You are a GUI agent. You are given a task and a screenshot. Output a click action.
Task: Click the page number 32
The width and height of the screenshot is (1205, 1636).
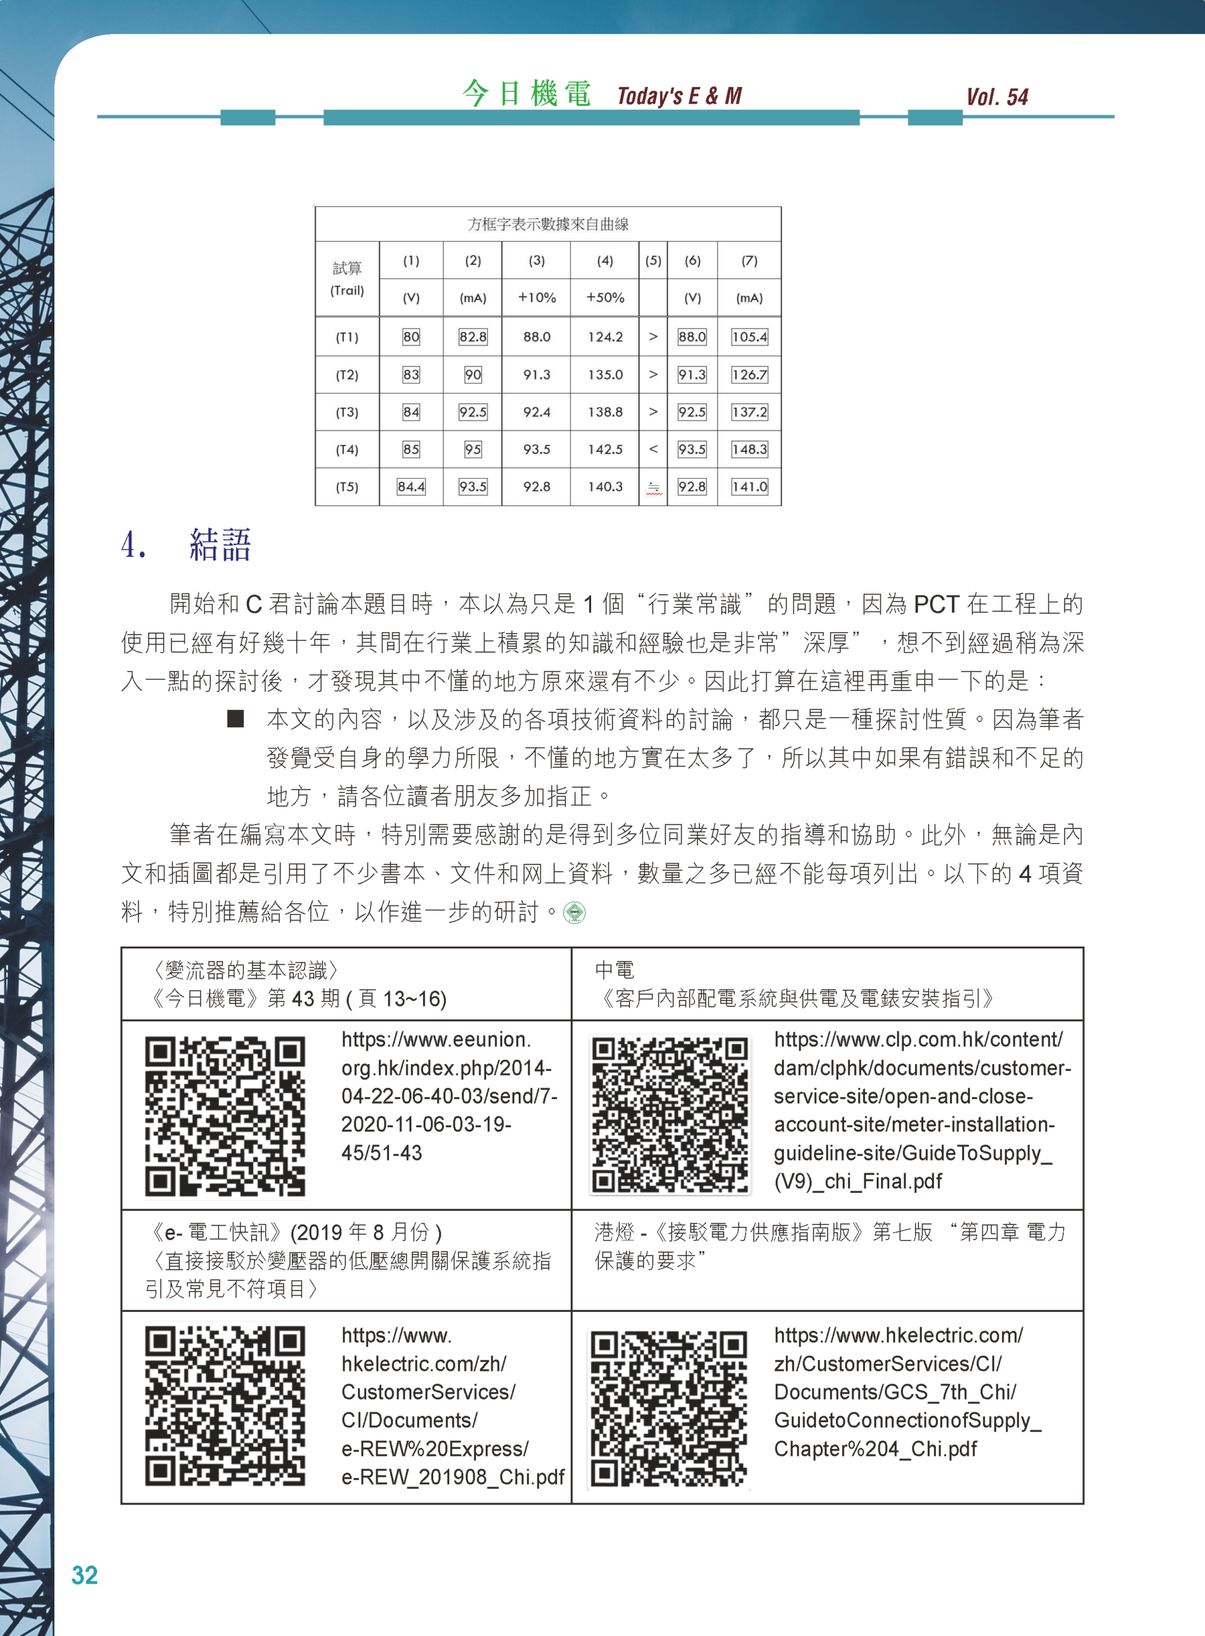tap(84, 1575)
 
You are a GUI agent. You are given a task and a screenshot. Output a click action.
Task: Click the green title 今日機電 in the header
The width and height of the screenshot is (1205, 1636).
tap(526, 94)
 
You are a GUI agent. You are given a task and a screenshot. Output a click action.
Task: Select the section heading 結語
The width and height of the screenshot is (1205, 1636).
tap(220, 545)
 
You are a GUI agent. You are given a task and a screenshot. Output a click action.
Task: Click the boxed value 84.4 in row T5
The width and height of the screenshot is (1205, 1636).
tap(411, 486)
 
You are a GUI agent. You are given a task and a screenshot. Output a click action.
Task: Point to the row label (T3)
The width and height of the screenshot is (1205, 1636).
tap(346, 412)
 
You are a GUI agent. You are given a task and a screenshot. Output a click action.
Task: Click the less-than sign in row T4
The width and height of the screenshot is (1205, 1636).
tap(653, 449)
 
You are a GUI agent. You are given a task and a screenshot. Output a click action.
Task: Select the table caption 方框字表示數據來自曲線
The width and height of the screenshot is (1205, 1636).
tap(548, 224)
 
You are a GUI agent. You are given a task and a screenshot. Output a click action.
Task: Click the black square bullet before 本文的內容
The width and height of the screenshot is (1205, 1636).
tap(235, 719)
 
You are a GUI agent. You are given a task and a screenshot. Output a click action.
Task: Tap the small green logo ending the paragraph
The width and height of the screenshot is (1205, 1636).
tap(575, 913)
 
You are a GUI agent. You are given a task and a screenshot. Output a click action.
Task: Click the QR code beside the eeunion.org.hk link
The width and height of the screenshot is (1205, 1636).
tap(225, 1115)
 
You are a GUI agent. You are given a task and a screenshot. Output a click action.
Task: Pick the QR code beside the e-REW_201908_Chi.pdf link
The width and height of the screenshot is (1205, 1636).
tap(225, 1405)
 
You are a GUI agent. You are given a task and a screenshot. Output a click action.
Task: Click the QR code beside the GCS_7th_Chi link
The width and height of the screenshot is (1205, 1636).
tap(670, 1408)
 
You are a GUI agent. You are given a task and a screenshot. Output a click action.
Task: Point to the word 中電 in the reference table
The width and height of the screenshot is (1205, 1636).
tap(614, 970)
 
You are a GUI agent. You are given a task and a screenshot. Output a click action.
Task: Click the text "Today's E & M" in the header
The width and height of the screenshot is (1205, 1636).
tap(679, 96)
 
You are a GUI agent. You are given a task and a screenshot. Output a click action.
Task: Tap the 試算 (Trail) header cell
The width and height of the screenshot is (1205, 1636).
tap(346, 279)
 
